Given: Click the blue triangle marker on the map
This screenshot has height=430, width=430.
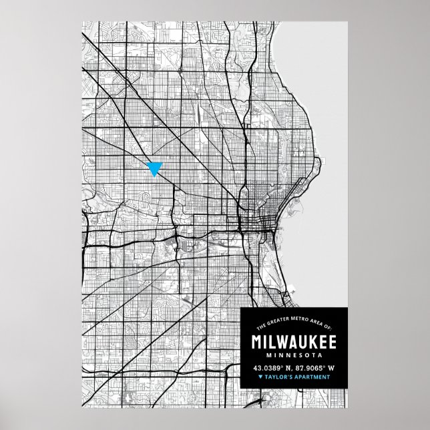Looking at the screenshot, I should point(155,168).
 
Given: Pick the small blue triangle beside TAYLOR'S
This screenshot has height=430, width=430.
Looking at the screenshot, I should point(260,378).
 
